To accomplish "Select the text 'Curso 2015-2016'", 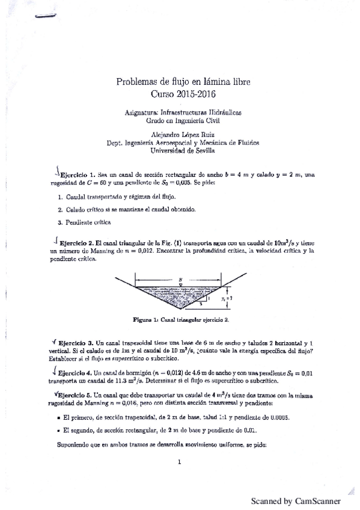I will tap(179, 94).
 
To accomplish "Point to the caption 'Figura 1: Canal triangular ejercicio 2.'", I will tap(179, 321).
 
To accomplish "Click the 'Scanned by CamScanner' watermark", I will tap(296, 500).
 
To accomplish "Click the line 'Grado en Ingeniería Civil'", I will tap(179, 120).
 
